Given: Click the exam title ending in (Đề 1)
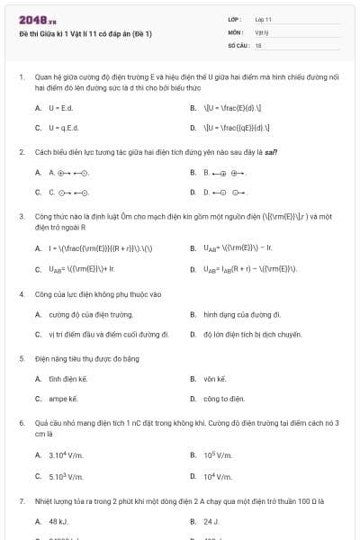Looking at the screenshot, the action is pos(85,34).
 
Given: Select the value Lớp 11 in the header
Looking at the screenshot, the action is pos(263,19).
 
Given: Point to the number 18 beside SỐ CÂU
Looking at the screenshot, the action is pos(257,44).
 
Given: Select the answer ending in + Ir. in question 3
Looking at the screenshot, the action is pos(82,269).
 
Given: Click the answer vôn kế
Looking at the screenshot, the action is pos(215,379).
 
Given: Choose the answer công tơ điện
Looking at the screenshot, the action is pos(224,398).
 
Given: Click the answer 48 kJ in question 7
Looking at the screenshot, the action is pos(58,521).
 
